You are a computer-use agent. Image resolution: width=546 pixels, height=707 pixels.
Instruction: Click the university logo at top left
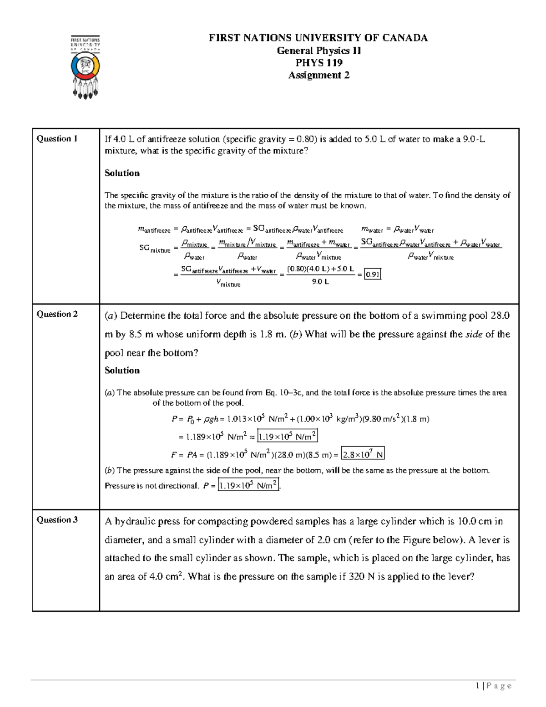(85, 67)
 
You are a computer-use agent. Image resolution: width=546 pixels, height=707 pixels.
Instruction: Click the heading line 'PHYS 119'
(318, 63)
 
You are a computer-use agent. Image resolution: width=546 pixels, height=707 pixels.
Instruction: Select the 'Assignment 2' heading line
(318, 75)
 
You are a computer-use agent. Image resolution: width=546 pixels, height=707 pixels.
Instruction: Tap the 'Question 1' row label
(57, 138)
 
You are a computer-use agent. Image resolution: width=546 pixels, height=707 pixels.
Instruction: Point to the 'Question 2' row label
(57, 314)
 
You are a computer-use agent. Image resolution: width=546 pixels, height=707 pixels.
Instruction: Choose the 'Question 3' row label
(57, 519)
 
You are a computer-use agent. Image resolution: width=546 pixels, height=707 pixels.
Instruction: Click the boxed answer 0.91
(373, 275)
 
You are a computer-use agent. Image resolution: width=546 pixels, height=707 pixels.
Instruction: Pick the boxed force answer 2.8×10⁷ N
(363, 454)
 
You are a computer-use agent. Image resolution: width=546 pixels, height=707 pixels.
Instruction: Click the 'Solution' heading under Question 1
(122, 173)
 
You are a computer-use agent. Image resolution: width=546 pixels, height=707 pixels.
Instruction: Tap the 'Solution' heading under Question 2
(122, 370)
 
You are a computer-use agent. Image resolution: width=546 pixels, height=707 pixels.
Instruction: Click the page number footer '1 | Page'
(493, 686)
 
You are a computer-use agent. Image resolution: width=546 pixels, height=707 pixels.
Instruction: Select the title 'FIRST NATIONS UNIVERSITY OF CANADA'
(318, 38)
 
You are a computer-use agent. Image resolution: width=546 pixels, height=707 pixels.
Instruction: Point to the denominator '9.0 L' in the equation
(320, 282)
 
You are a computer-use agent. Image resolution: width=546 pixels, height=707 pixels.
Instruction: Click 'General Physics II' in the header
(318, 51)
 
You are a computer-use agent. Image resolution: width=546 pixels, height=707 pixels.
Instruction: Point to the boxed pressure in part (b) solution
(248, 485)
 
